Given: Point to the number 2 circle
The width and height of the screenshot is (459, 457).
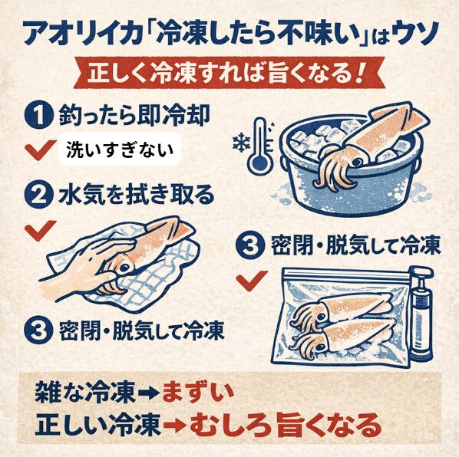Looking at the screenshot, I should point(37,194).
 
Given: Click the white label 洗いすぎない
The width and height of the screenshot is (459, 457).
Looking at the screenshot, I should point(120,150).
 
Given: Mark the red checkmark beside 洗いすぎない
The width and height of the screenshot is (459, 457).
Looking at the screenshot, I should point(37,150).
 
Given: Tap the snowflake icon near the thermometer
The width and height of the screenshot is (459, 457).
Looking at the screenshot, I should point(239,142).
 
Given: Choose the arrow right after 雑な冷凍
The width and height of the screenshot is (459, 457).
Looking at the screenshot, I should point(146,393).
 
